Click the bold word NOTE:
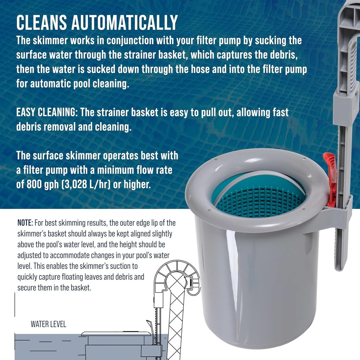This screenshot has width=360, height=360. [x=26, y=222]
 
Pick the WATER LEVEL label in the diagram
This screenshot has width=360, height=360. [x=48, y=324]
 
